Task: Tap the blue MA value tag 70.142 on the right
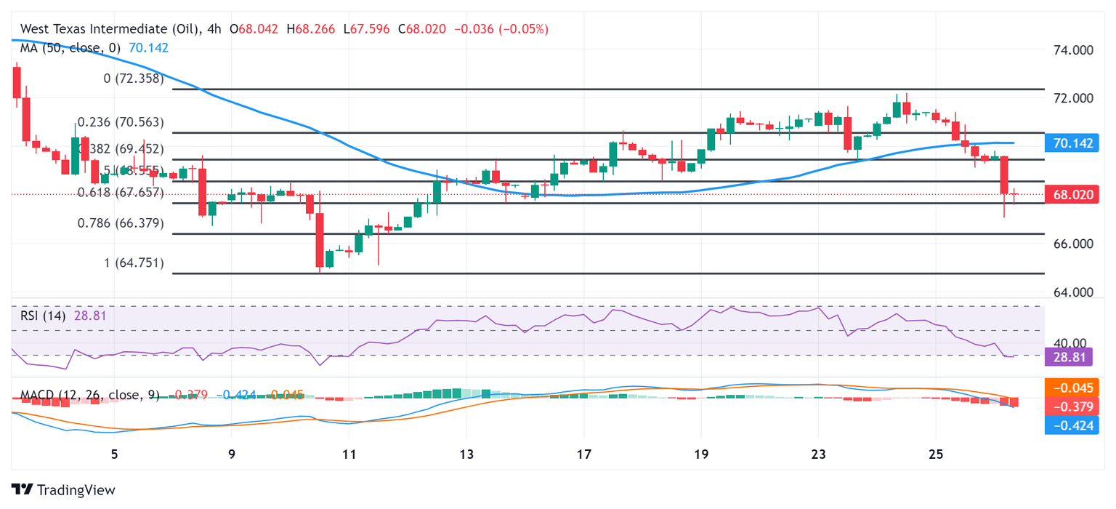(1072, 143)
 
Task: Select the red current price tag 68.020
(1072, 195)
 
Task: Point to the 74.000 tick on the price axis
(1072, 50)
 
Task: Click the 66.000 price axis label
(1072, 244)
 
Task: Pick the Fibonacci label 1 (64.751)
(134, 262)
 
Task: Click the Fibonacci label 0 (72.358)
(134, 78)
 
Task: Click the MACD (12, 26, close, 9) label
(89, 395)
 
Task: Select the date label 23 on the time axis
(819, 454)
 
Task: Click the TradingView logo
(63, 489)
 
